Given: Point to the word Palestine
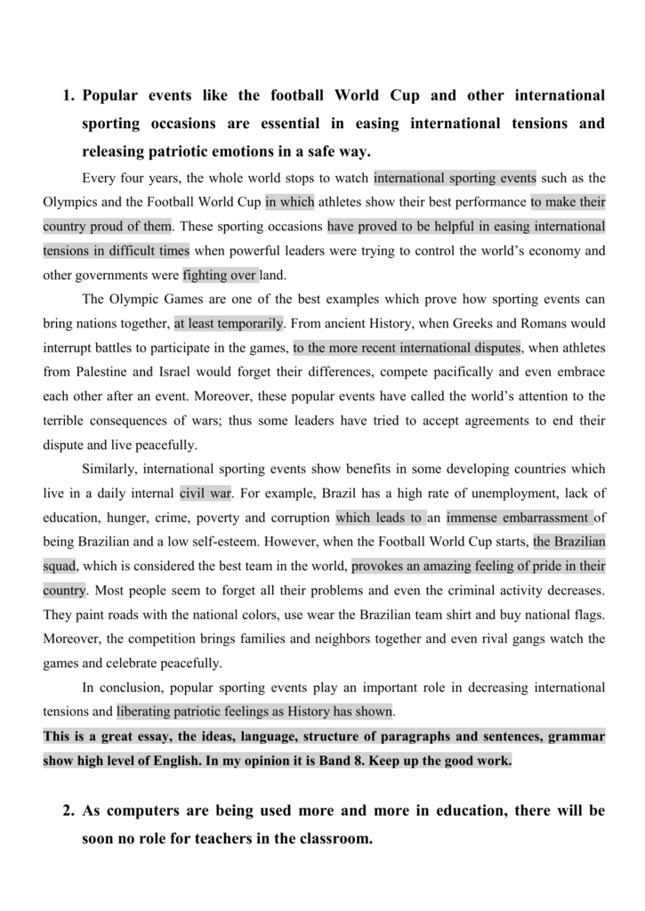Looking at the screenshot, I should (x=104, y=372).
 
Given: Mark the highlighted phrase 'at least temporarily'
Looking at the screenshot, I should (x=229, y=323).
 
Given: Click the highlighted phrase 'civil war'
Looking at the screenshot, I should (x=205, y=493).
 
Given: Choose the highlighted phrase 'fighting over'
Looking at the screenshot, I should (x=220, y=275).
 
